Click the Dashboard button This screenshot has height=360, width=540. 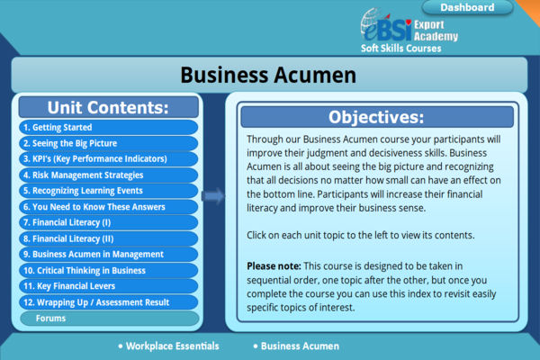467,7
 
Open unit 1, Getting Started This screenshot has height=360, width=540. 109,127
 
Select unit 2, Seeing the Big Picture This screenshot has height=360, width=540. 109,143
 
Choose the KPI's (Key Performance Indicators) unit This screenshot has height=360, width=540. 109,158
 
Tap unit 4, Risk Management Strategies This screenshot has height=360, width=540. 109,175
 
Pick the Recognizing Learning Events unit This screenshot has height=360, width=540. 109,191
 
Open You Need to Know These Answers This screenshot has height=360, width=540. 109,207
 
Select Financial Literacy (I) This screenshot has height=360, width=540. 109,222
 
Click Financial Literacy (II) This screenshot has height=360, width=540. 109,238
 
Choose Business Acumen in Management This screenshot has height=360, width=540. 109,254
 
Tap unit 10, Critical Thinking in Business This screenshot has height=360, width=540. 109,270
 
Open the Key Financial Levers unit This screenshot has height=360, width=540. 109,286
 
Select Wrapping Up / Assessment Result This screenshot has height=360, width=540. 109,302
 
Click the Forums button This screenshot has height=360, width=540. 110,319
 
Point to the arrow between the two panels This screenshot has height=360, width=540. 213,196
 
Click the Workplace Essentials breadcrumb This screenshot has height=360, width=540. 169,346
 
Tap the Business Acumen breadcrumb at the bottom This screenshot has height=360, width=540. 296,346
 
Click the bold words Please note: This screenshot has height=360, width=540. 274,266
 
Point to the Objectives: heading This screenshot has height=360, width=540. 376,117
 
